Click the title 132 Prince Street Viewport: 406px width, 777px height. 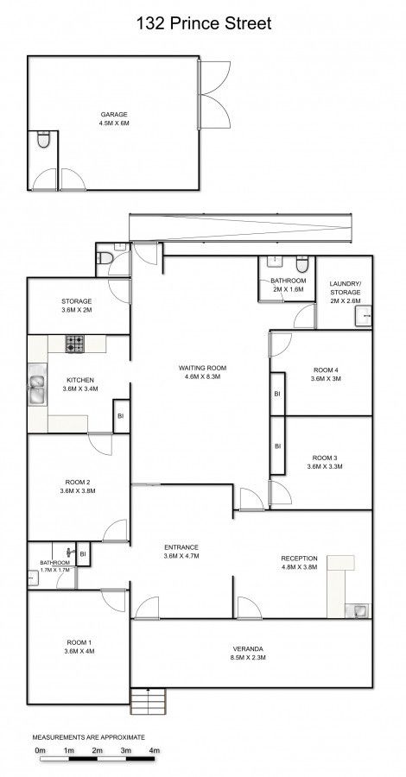[x=204, y=23]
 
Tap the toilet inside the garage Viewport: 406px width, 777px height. [x=44, y=139]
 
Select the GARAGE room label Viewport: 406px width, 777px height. [x=114, y=115]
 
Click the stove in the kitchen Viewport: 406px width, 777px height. [x=75, y=344]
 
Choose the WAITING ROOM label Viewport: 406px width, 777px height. [x=202, y=368]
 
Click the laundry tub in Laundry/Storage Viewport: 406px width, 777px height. [x=364, y=316]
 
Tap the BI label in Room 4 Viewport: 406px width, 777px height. [x=277, y=394]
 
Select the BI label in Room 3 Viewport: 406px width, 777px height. [x=277, y=446]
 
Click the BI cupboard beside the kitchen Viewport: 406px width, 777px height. [x=122, y=416]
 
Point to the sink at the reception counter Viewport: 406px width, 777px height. [x=361, y=610]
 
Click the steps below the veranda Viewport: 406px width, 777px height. [x=148, y=701]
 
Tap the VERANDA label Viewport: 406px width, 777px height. [x=249, y=648]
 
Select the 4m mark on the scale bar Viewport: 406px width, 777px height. [x=154, y=750]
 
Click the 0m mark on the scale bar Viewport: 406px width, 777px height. [x=40, y=750]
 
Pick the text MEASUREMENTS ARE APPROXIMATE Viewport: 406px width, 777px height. [x=89, y=737]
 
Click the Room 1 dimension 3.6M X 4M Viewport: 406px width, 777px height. [x=79, y=651]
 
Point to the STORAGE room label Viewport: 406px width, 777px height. [x=76, y=300]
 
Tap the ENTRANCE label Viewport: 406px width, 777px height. [x=181, y=547]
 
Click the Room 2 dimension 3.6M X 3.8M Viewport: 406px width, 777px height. [x=78, y=491]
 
